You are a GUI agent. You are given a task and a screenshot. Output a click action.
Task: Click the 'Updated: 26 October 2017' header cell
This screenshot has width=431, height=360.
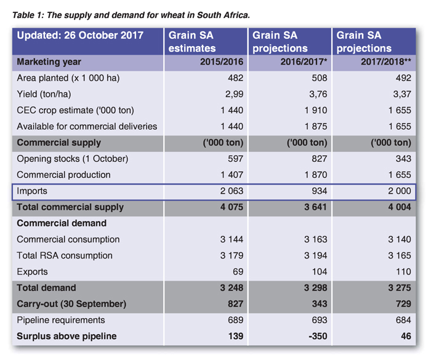80,36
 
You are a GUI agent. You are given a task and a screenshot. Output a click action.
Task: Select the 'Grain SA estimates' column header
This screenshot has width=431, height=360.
192,41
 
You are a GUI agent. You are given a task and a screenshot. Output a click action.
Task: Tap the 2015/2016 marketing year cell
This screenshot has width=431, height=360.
222,62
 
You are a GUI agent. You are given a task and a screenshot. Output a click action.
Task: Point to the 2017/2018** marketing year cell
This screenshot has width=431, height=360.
386,62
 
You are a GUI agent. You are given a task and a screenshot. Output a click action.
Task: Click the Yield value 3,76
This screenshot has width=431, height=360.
318,94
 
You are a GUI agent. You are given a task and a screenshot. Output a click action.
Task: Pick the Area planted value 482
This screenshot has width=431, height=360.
236,78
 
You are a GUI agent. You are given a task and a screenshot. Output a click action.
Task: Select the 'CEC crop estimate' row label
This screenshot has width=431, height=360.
75,110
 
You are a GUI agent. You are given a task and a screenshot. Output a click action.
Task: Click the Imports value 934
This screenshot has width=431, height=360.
319,191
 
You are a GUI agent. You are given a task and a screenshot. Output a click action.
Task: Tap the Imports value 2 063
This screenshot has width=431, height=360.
232,191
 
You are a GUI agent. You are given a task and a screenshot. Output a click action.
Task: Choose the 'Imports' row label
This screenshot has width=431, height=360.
32,191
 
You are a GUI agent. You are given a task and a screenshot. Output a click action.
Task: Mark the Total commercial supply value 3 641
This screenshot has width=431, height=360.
315,207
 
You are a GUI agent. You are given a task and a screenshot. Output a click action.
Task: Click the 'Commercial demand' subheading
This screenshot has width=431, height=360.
62,223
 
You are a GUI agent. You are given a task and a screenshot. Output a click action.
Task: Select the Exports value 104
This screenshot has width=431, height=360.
320,271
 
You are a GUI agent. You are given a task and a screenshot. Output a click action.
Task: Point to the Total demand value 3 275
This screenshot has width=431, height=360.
400,288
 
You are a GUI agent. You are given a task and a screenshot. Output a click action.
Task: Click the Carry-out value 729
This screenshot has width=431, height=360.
403,304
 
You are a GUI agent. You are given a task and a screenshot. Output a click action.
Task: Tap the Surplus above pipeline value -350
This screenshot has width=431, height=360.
318,336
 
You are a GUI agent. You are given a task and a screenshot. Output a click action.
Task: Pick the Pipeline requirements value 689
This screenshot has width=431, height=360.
236,320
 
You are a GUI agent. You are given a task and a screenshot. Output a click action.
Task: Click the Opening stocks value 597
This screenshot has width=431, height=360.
236,159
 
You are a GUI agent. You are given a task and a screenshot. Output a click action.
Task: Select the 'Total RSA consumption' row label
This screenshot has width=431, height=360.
65,255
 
